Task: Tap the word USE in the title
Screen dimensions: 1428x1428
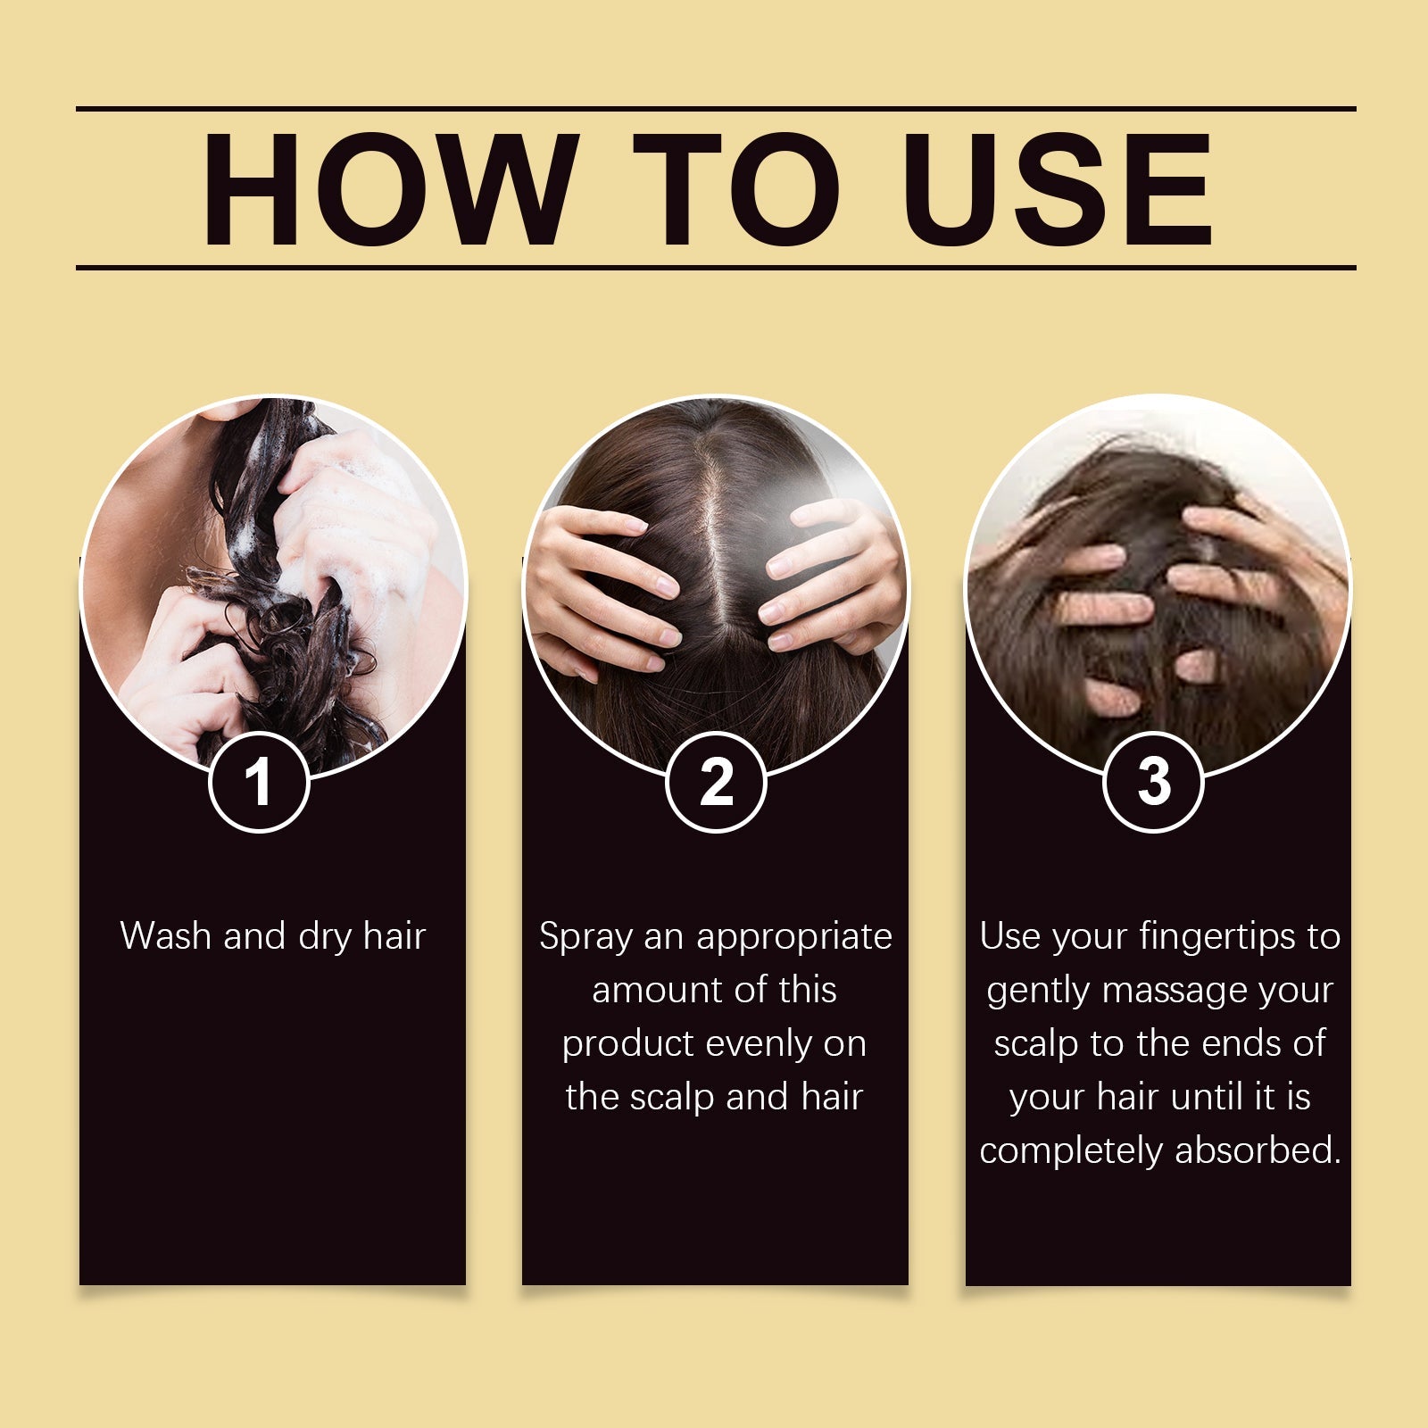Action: [x=1058, y=189]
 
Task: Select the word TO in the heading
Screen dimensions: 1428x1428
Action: [x=736, y=189]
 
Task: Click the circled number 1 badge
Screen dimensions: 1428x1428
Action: [x=259, y=782]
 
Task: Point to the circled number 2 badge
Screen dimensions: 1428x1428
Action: [x=716, y=782]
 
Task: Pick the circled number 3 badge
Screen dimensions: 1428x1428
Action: [x=1153, y=782]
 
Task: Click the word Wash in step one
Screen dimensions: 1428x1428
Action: [x=166, y=935]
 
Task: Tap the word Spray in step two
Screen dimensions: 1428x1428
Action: [x=586, y=937]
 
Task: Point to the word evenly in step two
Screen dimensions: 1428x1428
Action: [x=758, y=1044]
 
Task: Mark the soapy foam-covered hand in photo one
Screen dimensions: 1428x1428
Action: [x=357, y=518]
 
